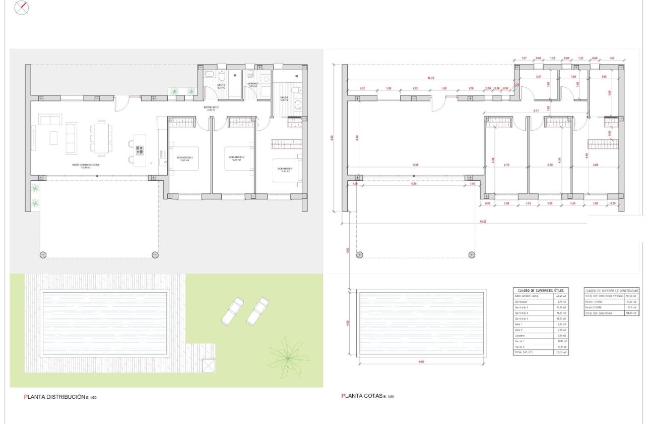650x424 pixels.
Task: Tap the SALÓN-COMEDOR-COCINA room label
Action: [x=85, y=165]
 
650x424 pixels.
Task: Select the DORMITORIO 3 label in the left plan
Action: [x=185, y=158]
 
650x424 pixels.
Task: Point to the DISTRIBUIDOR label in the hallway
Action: [x=211, y=108]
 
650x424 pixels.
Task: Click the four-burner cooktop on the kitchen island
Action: [x=140, y=150]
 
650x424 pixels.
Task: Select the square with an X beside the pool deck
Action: [x=208, y=365]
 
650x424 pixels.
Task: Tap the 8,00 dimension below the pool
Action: [x=421, y=362]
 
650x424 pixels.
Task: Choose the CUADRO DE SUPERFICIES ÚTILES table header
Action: [x=540, y=291]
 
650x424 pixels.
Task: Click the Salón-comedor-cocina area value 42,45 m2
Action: [x=561, y=296]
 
